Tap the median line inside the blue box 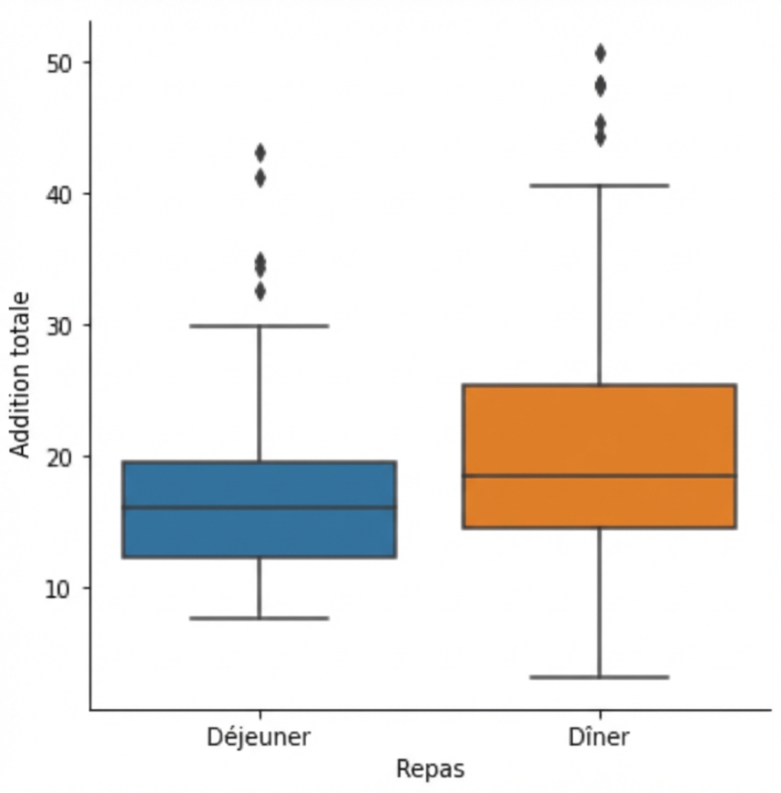click(x=259, y=507)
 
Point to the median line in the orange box click(x=599, y=476)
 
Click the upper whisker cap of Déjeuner click(x=259, y=326)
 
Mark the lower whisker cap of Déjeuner click(x=259, y=618)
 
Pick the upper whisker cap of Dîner click(x=599, y=185)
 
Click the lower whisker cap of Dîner click(x=599, y=677)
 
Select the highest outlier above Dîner click(x=600, y=53)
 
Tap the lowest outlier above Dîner click(x=600, y=137)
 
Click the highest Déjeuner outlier click(x=260, y=152)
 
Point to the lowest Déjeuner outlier click(x=260, y=291)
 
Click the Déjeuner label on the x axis click(x=259, y=737)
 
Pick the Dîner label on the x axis click(x=599, y=737)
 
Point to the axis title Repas click(x=429, y=769)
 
